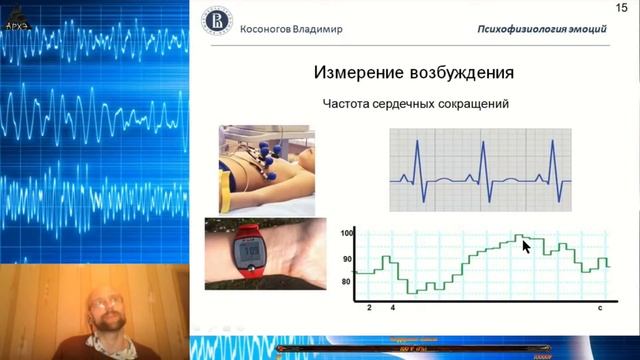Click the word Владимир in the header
[x=329, y=28]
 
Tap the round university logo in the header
[x=213, y=23]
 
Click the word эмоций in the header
[x=583, y=28]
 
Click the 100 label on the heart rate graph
[x=348, y=233]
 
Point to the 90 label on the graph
[x=347, y=258]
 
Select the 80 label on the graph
[x=347, y=282]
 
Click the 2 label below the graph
[x=369, y=309]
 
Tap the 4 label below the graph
[x=392, y=309]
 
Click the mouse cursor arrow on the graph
[x=526, y=245]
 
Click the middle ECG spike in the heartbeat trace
[x=482, y=160]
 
